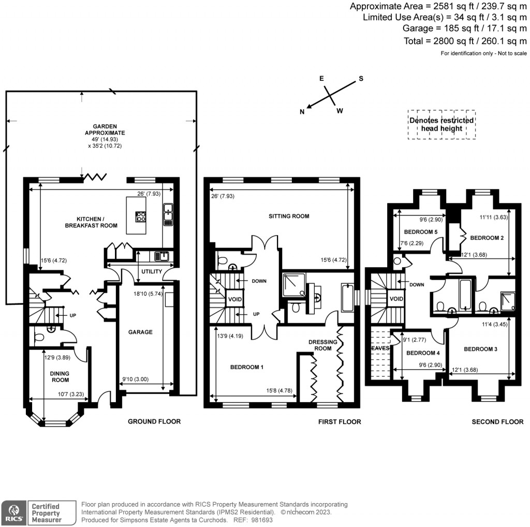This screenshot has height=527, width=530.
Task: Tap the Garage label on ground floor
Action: [140, 332]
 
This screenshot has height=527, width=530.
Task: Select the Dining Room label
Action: [60, 376]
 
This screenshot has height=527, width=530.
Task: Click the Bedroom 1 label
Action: [247, 367]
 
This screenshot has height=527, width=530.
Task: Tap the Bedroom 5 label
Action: [421, 232]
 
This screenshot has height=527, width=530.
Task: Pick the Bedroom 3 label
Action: [480, 349]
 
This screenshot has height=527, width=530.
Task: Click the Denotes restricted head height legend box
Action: [441, 124]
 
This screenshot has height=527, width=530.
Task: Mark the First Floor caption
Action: [340, 422]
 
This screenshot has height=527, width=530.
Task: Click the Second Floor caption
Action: [497, 422]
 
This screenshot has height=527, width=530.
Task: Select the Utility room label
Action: [151, 272]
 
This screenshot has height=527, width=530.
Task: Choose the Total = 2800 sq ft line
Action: [465, 41]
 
